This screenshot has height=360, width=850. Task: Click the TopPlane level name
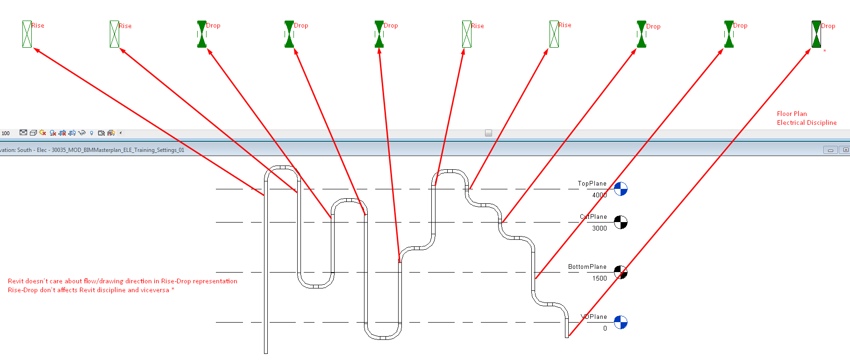(592, 183)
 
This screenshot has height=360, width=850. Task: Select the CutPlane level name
(593, 216)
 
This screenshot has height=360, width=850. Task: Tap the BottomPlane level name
(587, 266)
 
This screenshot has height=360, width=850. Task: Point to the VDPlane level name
(594, 317)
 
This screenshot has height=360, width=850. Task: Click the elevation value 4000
(600, 195)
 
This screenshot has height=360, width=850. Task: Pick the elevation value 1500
(600, 278)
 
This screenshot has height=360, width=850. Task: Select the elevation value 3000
(600, 228)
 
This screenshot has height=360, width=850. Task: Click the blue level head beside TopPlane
(621, 189)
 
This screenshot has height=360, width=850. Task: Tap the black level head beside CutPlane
(621, 222)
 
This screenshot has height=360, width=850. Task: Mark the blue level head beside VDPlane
(621, 322)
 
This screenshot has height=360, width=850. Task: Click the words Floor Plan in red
(792, 114)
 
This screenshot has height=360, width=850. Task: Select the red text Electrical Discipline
(807, 122)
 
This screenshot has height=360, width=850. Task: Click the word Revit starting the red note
(15, 281)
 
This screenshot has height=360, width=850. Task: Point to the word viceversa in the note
(155, 290)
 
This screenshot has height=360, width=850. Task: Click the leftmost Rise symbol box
(27, 34)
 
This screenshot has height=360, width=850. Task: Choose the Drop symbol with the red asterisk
(816, 34)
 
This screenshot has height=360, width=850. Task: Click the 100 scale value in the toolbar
(6, 133)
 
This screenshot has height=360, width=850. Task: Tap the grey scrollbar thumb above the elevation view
(488, 133)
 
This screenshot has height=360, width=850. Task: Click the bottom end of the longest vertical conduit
(266, 353)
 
